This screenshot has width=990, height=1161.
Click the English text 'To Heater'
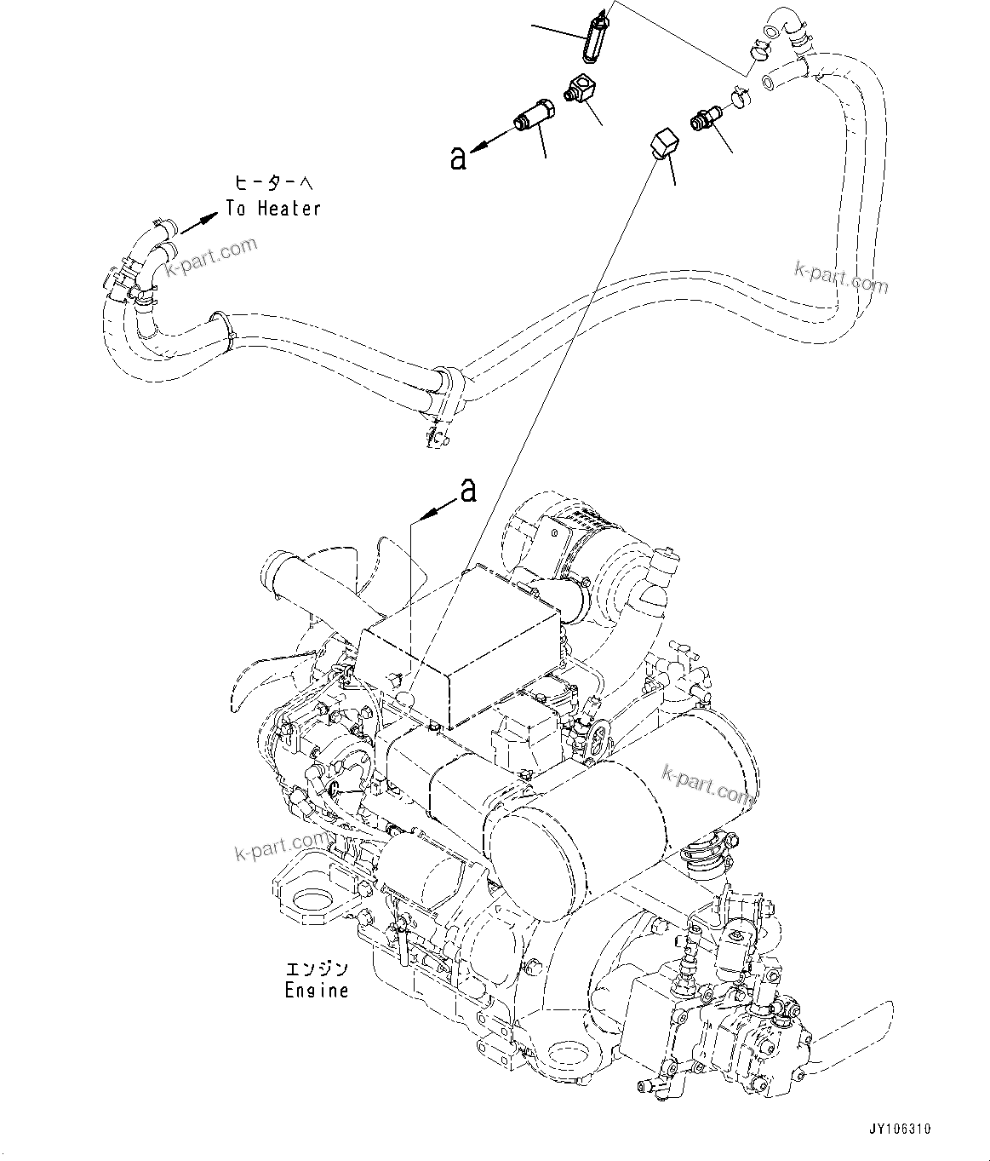[272, 209]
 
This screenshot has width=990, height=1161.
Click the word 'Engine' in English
[317, 991]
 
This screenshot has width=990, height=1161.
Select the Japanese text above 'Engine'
[317, 969]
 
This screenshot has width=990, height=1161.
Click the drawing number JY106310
[900, 1129]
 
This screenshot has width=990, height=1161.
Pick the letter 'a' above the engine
[467, 491]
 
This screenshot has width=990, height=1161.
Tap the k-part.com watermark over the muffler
[707, 784]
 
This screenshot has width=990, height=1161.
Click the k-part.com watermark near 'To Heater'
[215, 253]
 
